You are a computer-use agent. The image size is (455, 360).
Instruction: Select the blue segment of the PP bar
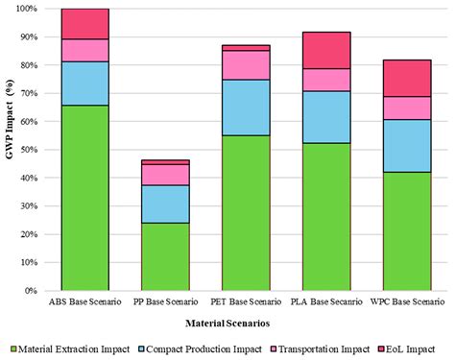click(165, 204)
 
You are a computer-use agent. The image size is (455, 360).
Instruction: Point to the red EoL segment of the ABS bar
click(84, 24)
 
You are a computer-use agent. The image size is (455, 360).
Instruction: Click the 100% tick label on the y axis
click(26, 9)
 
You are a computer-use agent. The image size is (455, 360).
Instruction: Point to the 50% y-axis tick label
click(28, 150)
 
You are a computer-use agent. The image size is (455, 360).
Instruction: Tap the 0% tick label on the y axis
click(31, 290)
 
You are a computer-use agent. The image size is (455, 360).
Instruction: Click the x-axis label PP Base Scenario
click(165, 302)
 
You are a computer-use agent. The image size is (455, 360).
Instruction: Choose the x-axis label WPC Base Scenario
click(408, 302)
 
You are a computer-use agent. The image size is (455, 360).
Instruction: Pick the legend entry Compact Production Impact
click(193, 348)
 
